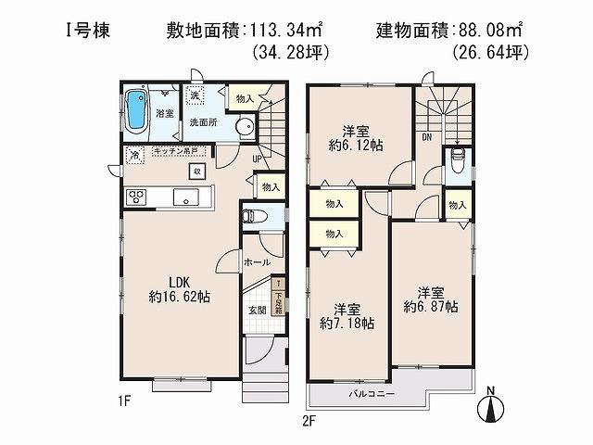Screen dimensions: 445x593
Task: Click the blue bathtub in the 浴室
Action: click(x=137, y=109)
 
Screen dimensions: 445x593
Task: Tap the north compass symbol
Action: click(x=492, y=404)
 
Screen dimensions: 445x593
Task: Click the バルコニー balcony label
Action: click(x=373, y=394)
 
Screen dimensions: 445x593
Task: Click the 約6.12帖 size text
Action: click(x=355, y=146)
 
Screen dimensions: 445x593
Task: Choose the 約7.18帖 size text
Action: click(x=348, y=324)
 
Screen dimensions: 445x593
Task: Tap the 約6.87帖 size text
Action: click(x=429, y=305)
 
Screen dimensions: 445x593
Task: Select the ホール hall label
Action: click(x=257, y=263)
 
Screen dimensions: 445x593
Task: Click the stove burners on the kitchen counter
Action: click(x=137, y=197)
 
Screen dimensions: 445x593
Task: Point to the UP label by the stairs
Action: click(x=258, y=158)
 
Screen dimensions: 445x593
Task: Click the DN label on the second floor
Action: click(x=425, y=136)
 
